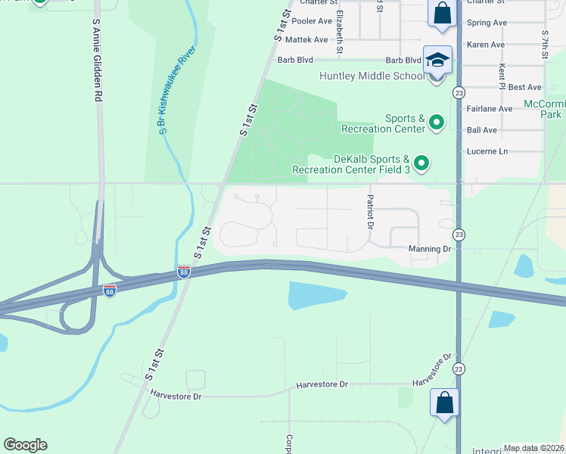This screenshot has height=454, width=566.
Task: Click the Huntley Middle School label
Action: tap(372, 76)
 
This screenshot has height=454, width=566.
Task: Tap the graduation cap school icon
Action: tap(437, 59)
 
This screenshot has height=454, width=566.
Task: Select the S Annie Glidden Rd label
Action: tap(96, 61)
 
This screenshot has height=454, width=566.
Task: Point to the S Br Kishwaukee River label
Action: tap(179, 90)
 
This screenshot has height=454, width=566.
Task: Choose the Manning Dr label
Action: tap(429, 248)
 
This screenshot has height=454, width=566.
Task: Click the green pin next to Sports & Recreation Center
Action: tap(437, 122)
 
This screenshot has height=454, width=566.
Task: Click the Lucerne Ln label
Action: tap(487, 151)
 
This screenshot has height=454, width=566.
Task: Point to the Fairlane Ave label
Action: tap(490, 109)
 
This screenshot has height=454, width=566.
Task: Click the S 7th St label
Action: tap(544, 45)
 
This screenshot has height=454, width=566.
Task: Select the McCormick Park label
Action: tap(545, 109)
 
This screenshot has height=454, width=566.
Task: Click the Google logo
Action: tap(25, 445)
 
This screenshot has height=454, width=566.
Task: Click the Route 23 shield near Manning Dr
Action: tap(459, 235)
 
